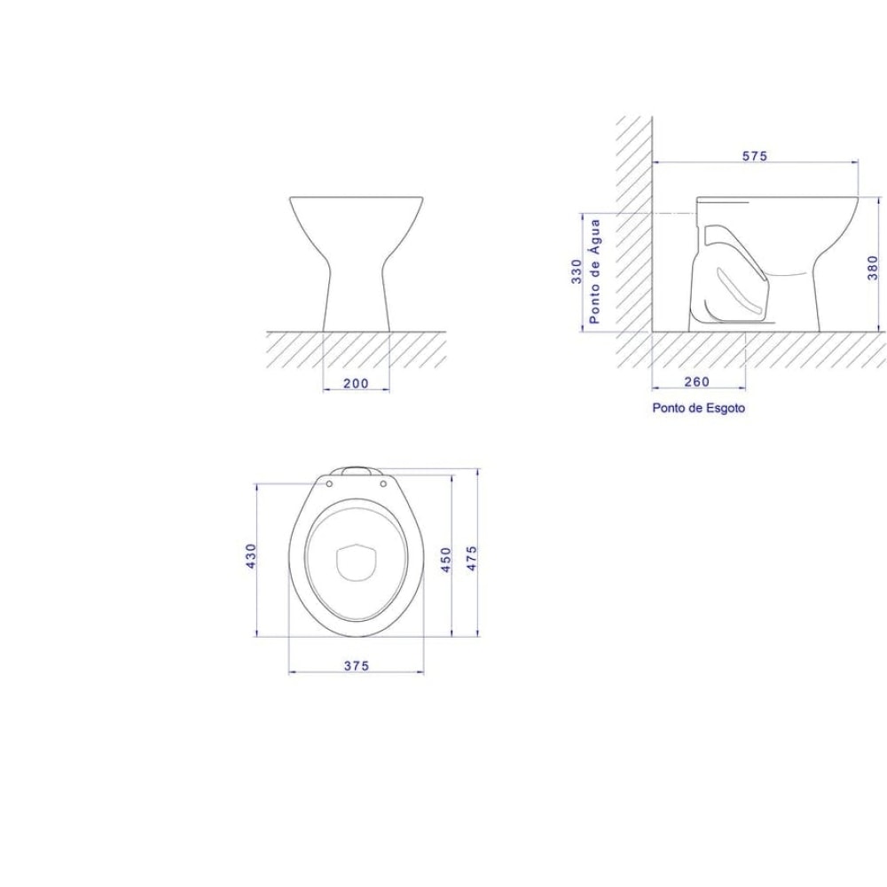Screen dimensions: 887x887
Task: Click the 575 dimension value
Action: [x=754, y=156]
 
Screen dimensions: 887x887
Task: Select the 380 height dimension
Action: [x=873, y=266]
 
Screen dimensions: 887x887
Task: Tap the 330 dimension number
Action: [x=577, y=271]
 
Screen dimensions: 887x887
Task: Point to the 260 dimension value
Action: [x=698, y=381]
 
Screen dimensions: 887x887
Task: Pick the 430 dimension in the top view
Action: [x=251, y=557]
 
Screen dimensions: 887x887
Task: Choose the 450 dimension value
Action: [x=446, y=559]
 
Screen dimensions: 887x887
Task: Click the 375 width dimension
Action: [x=357, y=665]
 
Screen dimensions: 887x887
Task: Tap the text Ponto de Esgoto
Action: [x=698, y=408]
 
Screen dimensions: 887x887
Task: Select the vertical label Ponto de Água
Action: [x=595, y=271]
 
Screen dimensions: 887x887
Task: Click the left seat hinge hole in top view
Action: [x=329, y=484]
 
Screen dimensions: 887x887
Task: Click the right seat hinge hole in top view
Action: [x=383, y=484]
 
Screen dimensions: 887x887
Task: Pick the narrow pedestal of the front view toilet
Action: [x=357, y=293]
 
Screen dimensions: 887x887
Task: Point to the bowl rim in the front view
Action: [x=357, y=198]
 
